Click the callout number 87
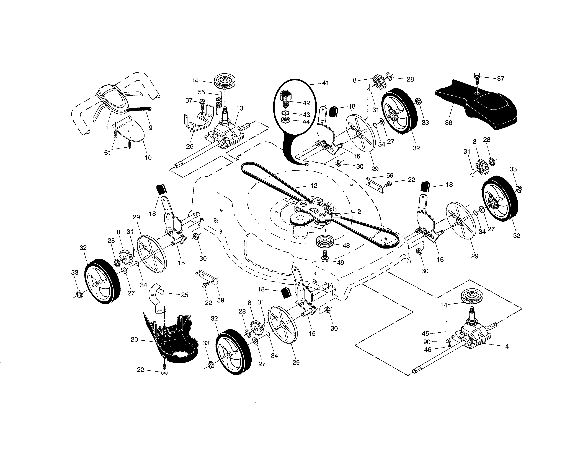[501, 79]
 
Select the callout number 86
[448, 123]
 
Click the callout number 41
[326, 83]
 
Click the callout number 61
[107, 153]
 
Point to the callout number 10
[148, 158]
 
